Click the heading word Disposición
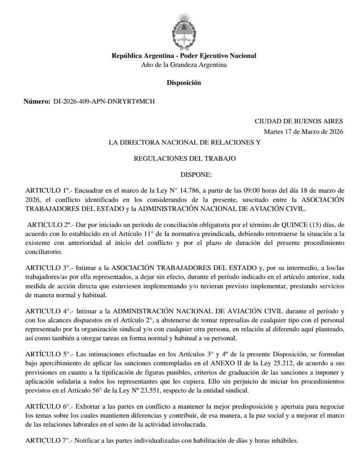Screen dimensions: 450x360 click(x=184, y=83)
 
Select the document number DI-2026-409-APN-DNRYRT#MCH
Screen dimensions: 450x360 click(x=103, y=102)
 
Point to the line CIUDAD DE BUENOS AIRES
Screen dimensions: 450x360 click(x=299, y=121)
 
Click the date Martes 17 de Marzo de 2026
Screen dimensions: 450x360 click(x=303, y=131)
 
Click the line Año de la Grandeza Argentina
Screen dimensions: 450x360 click(x=184, y=65)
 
